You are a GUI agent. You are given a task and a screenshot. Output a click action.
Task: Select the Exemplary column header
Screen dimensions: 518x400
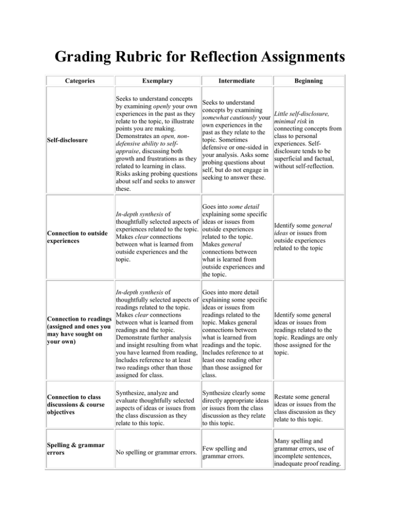pos(156,81)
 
